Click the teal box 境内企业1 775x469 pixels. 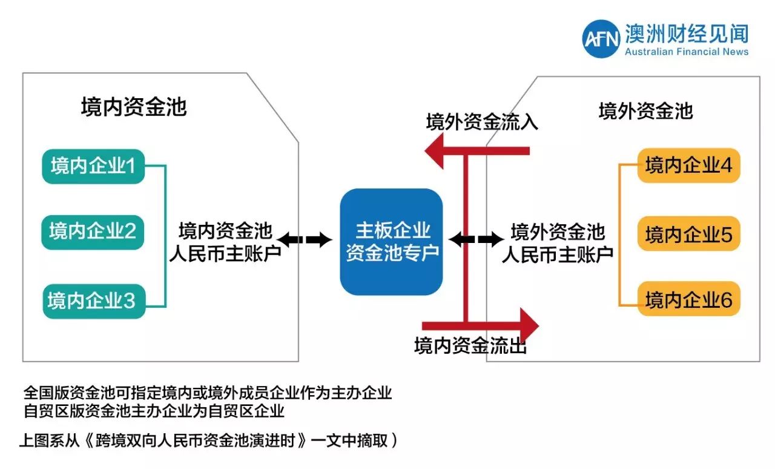(93, 166)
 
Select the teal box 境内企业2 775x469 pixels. (93, 231)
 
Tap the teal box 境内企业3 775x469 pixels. (93, 301)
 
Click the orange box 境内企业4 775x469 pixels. (688, 165)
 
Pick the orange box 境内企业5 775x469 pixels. (688, 233)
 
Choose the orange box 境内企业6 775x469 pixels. (688, 299)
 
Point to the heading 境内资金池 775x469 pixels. (134, 107)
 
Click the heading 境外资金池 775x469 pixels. (645, 111)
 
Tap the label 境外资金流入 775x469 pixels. (482, 122)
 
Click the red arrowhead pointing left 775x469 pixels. (437, 151)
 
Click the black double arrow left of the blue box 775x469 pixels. (305, 240)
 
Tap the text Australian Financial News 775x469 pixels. (687, 52)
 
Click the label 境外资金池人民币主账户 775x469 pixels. (558, 242)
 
